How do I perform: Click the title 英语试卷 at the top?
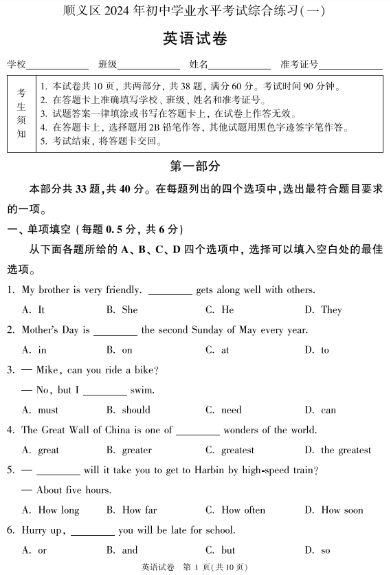pyautogui.click(x=195, y=39)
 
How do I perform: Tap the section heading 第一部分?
pyautogui.click(x=195, y=166)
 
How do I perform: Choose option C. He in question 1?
pyautogui.click(x=220, y=310)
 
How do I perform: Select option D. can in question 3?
pyautogui.click(x=320, y=410)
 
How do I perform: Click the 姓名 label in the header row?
pyautogui.click(x=199, y=65)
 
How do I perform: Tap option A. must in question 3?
pyautogui.click(x=41, y=410)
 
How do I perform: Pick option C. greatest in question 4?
pyautogui.click(x=230, y=451)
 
